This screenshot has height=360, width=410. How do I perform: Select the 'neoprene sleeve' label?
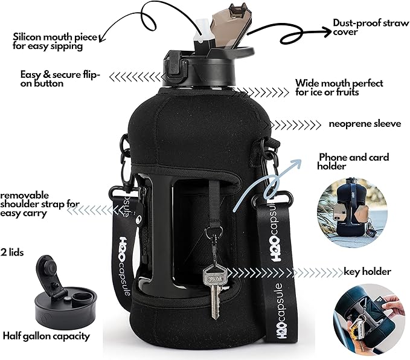pos(365,124)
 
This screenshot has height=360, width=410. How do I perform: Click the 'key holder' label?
pos(367,271)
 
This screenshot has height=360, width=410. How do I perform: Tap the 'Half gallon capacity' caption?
pos(46,336)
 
